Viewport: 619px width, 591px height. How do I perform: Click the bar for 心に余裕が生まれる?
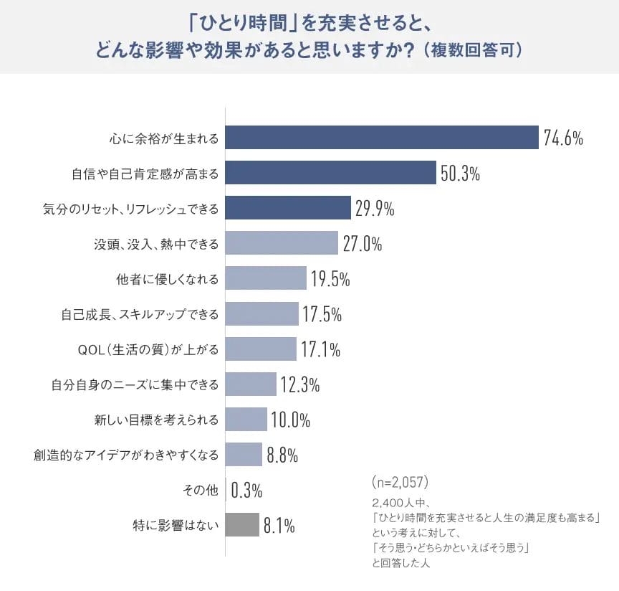point(382,138)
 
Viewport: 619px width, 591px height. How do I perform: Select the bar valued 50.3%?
point(331,173)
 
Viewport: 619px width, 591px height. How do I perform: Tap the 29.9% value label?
point(375,209)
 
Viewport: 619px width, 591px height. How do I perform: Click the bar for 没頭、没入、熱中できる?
point(282,243)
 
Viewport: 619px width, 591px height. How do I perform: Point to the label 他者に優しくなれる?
point(167,278)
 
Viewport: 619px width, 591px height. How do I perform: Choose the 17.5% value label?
point(322,314)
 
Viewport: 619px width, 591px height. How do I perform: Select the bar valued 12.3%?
point(251,384)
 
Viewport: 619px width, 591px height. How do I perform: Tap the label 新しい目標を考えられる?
point(156,420)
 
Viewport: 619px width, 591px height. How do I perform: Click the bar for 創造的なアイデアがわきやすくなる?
point(244,455)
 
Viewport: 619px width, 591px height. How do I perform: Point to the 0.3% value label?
point(246,491)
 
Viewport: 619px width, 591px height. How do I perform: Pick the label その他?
point(200,491)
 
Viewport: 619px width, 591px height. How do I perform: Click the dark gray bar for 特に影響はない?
point(242,526)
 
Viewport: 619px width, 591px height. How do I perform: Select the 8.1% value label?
point(279,526)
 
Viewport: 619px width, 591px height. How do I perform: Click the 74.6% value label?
point(563,138)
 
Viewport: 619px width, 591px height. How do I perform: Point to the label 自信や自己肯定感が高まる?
point(145,173)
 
